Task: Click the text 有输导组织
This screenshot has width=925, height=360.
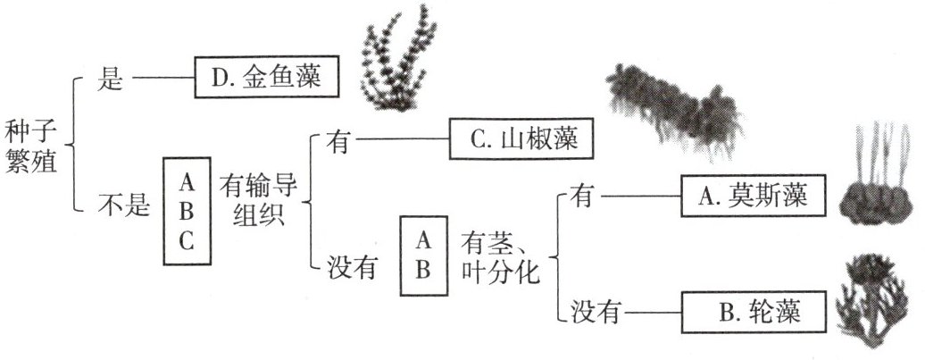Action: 259,200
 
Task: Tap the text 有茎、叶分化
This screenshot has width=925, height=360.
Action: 500,257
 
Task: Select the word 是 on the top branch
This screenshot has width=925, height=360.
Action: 108,80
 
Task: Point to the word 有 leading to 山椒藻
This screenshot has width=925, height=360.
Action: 337,140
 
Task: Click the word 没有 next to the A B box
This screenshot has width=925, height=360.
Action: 349,265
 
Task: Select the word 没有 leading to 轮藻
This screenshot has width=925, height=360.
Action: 592,311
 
